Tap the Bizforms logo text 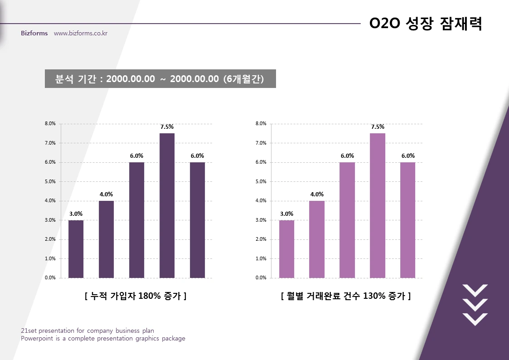pos(34,34)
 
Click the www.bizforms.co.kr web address pos(80,34)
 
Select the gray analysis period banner pos(160,78)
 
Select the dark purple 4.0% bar pos(106,239)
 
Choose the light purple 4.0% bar pos(317,239)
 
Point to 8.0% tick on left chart pos(49,123)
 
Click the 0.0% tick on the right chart pos(261,277)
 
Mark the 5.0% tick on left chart pos(49,181)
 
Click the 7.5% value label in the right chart pos(378,127)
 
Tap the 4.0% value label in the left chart pos(106,195)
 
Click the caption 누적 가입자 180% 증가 pos(136,296)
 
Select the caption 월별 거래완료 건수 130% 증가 pos(346,296)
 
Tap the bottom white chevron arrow pos(475,319)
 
